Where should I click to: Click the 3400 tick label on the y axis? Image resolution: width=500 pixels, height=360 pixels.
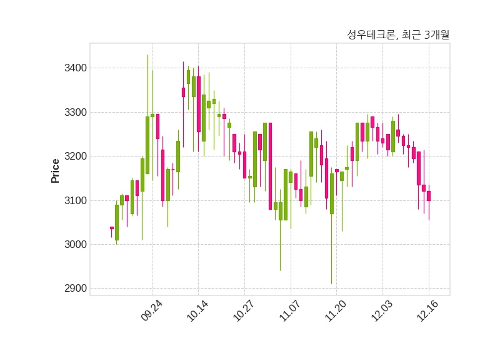point(76,68)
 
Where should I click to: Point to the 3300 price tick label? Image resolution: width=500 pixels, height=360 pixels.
point(76,112)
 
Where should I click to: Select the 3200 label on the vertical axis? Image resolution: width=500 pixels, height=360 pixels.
point(76,156)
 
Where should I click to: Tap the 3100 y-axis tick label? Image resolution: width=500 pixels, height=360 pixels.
point(76,200)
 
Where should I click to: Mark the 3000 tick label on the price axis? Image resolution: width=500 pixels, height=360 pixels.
point(76,244)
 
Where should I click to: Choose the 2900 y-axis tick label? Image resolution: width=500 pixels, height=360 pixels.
point(76,289)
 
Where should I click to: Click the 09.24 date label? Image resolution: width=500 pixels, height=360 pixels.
point(152,310)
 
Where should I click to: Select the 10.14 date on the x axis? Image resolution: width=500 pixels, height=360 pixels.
point(197,310)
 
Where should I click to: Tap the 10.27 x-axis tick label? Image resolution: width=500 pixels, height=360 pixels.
point(243,310)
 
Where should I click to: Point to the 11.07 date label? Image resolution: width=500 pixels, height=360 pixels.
point(289,310)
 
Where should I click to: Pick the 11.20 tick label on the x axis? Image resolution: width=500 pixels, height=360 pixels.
point(336,310)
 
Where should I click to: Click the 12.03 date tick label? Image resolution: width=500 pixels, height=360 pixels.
point(382,310)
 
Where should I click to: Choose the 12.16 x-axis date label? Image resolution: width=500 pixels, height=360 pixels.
point(428,310)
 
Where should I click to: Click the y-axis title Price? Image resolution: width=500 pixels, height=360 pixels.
point(55,171)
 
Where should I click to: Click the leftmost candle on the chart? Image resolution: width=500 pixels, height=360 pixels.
point(112,228)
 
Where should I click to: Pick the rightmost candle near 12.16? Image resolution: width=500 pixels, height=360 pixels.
point(429,196)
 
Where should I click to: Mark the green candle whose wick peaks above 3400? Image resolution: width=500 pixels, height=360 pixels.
point(147,145)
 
